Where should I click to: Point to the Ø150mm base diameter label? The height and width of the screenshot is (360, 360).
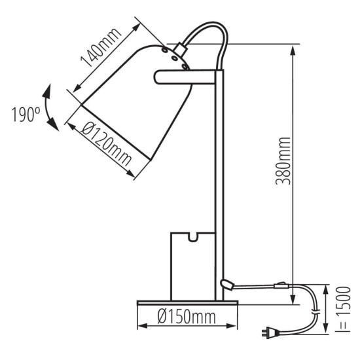(187, 318)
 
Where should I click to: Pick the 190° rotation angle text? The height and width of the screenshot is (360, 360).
(26, 115)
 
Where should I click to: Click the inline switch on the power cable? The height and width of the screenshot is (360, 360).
(281, 285)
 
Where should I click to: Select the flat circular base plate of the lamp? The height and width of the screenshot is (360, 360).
(187, 302)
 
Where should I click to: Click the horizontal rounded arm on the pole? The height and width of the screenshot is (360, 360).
(185, 77)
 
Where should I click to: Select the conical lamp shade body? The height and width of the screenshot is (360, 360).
(137, 98)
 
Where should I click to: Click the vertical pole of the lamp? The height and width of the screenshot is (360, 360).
(219, 183)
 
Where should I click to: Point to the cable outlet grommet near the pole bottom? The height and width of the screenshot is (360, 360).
(227, 283)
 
